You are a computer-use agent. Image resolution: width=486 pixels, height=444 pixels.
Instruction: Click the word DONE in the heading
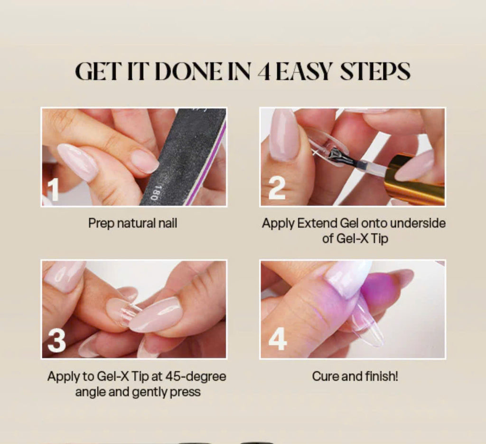coord(188,71)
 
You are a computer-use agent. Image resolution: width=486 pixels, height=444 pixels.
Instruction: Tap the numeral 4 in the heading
coord(264,72)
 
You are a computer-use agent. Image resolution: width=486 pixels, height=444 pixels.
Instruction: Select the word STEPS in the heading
coord(375,71)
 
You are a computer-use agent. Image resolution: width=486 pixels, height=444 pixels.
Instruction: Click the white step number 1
coord(53,189)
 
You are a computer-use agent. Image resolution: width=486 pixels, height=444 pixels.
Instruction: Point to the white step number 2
coord(277,188)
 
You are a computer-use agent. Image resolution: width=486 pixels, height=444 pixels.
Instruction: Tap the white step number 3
coord(56,340)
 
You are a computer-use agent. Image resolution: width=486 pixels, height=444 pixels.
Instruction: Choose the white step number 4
coord(277,339)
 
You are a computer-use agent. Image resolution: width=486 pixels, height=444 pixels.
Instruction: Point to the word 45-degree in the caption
coord(196,377)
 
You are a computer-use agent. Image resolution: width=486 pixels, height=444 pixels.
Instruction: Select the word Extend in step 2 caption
coord(317,223)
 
